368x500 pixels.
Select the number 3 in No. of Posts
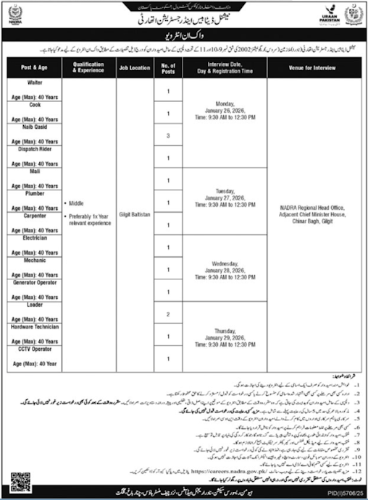coord(168,136)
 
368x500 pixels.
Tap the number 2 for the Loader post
coord(168,315)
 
